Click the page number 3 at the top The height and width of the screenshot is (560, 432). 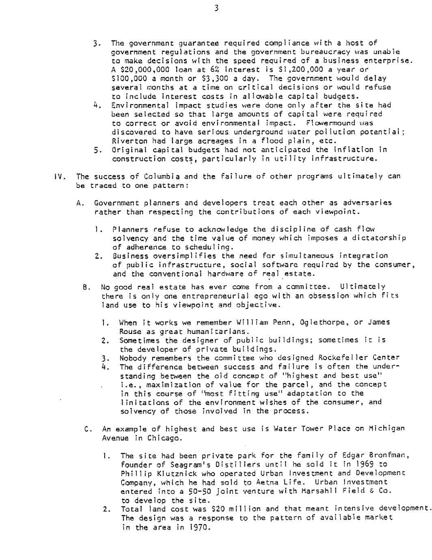tap(216, 8)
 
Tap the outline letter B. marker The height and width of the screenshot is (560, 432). tap(86, 287)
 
